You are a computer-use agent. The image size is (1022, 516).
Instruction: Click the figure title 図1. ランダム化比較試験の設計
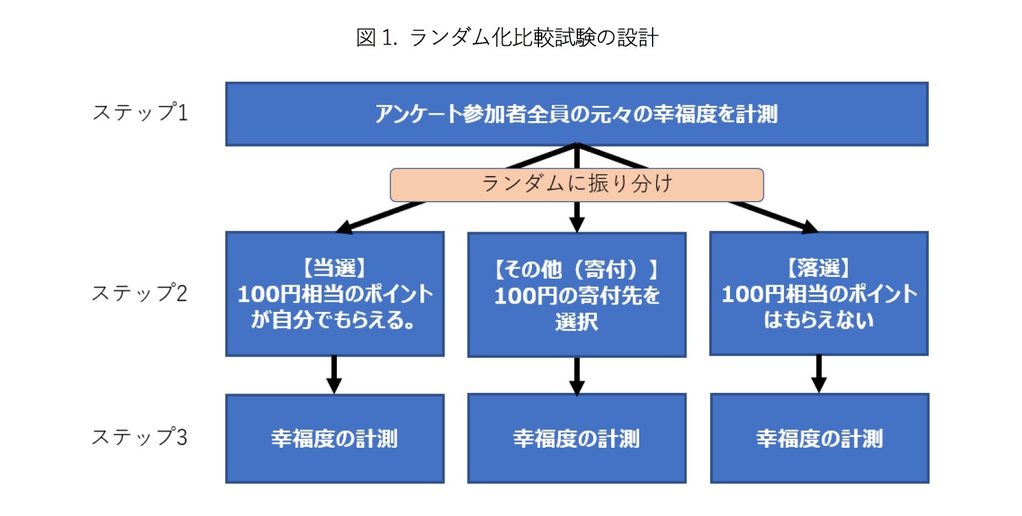point(507,38)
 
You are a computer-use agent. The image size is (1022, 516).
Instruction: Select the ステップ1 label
point(140,112)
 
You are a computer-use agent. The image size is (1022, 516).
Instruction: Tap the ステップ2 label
point(140,293)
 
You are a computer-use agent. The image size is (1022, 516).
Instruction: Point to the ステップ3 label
point(140,437)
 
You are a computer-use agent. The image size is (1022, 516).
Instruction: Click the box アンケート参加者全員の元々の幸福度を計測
point(577,114)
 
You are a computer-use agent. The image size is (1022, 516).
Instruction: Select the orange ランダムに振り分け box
point(577,185)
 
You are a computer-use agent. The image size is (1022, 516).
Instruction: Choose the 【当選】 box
point(335,294)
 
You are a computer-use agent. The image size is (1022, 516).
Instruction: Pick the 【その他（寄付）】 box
point(577,295)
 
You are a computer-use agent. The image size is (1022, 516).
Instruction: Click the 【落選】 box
point(819,293)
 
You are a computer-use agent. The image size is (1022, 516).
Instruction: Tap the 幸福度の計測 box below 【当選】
point(335,438)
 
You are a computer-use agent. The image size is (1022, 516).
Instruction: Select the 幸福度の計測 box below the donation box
point(577,438)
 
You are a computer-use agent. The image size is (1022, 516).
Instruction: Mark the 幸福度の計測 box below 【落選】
point(819,438)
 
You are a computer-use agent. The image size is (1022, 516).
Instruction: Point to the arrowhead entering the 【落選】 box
point(810,227)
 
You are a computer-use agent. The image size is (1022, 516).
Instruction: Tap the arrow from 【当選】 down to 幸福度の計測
point(334,374)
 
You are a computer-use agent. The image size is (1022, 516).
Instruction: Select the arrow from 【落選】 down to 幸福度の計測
point(819,374)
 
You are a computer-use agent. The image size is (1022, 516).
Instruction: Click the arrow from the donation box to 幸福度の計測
point(577,376)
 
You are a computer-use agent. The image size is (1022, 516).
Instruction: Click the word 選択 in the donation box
point(577,321)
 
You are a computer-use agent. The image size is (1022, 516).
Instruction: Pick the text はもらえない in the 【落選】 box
point(819,320)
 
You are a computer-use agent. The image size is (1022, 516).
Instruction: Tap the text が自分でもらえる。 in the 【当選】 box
point(334,320)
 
